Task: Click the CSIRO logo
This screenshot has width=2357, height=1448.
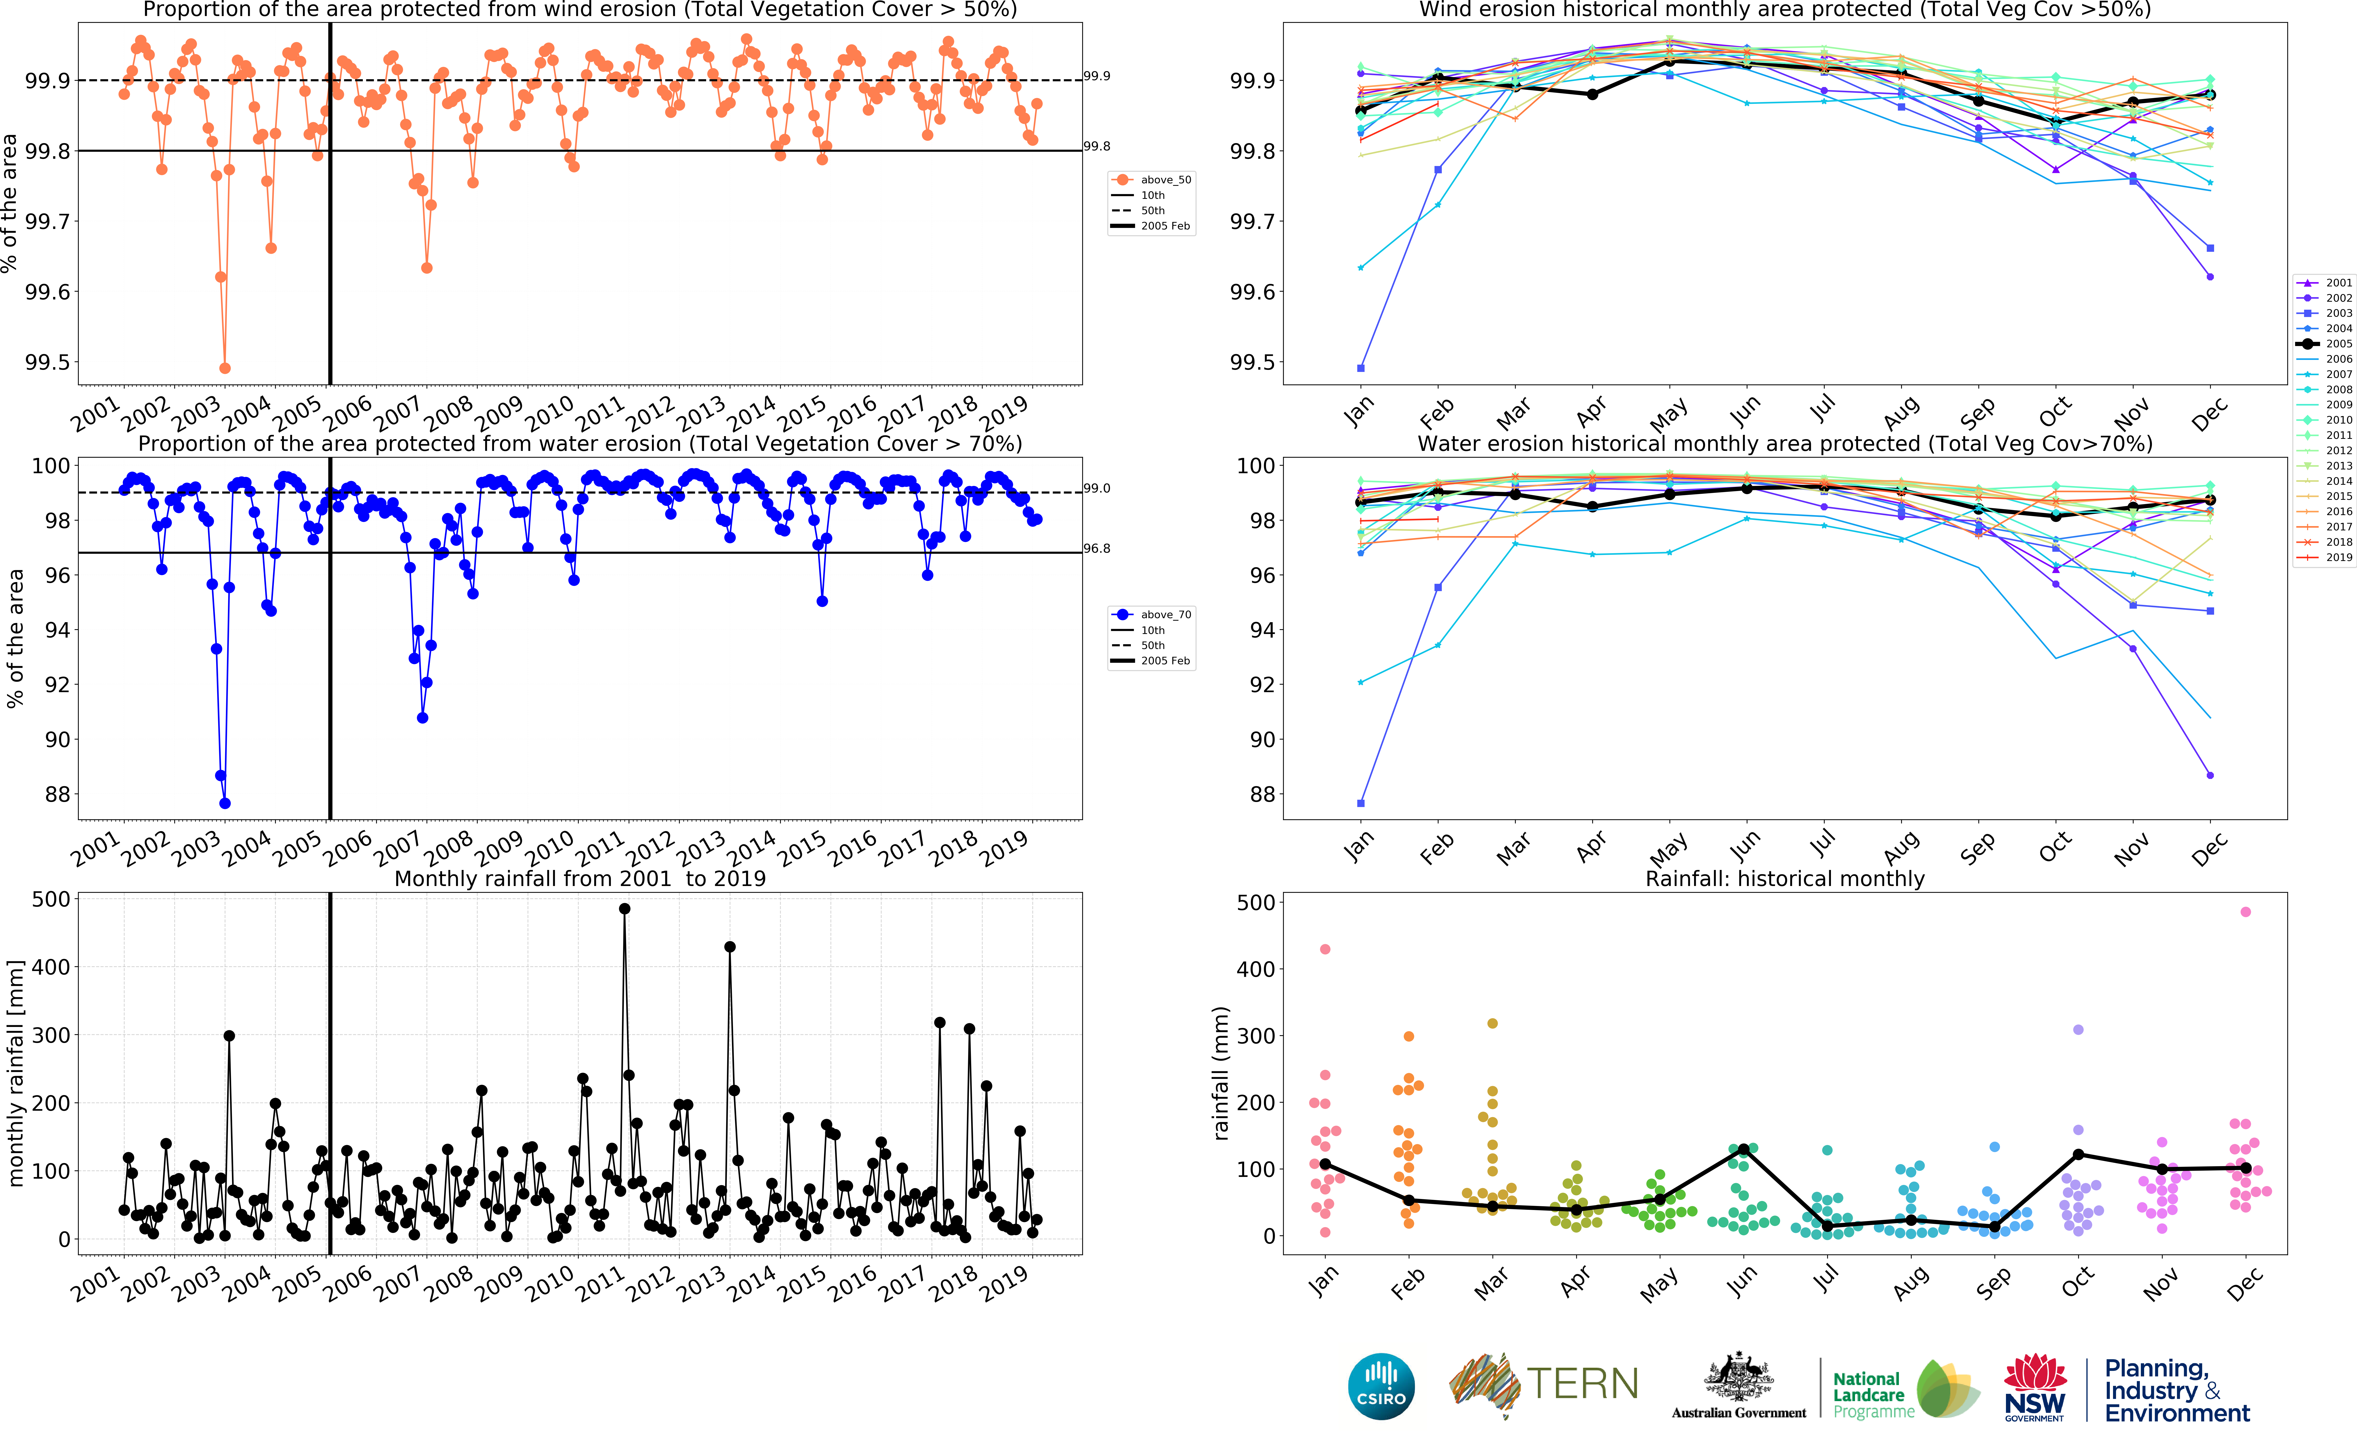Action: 1381,1386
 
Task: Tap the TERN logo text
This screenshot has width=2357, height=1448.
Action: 1581,1384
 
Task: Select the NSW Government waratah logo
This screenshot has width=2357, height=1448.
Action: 2034,1386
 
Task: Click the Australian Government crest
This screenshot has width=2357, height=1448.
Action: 1738,1379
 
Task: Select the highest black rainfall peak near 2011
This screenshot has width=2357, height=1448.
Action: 624,909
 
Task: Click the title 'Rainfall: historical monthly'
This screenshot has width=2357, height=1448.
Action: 1785,878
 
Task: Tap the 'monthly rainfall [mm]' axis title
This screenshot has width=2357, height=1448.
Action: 15,1073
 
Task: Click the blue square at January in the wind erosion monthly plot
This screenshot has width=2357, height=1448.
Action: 1360,368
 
